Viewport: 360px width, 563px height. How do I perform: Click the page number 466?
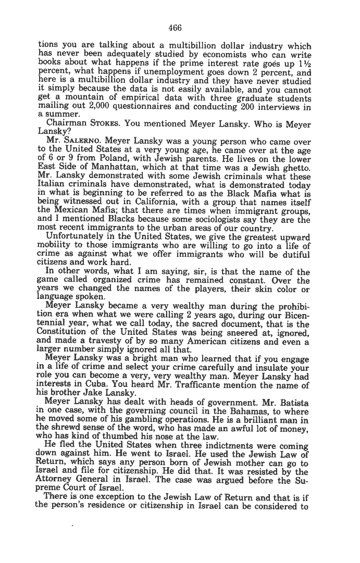coord(175,28)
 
